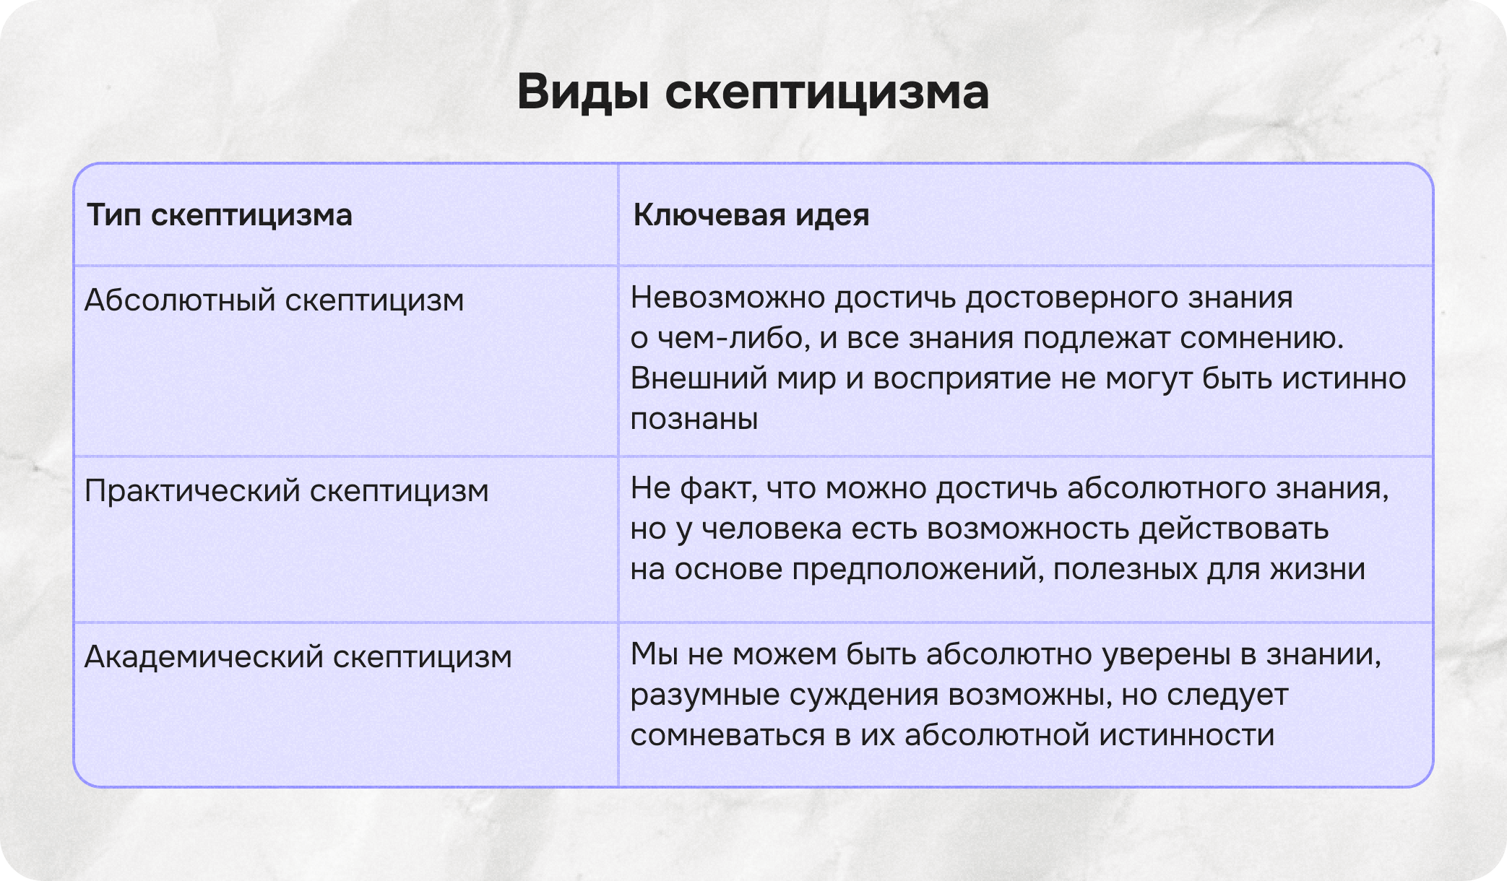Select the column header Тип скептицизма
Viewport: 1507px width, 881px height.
point(219,215)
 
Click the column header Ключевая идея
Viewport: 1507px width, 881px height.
point(751,215)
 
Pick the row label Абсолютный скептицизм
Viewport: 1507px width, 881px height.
point(274,300)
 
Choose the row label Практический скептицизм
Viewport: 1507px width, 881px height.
point(286,491)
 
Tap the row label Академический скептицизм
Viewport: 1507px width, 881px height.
point(298,657)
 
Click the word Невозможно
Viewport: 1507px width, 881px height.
point(727,298)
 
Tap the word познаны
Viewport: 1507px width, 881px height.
point(694,419)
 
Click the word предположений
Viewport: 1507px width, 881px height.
point(917,570)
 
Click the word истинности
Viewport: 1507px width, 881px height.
point(1186,735)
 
